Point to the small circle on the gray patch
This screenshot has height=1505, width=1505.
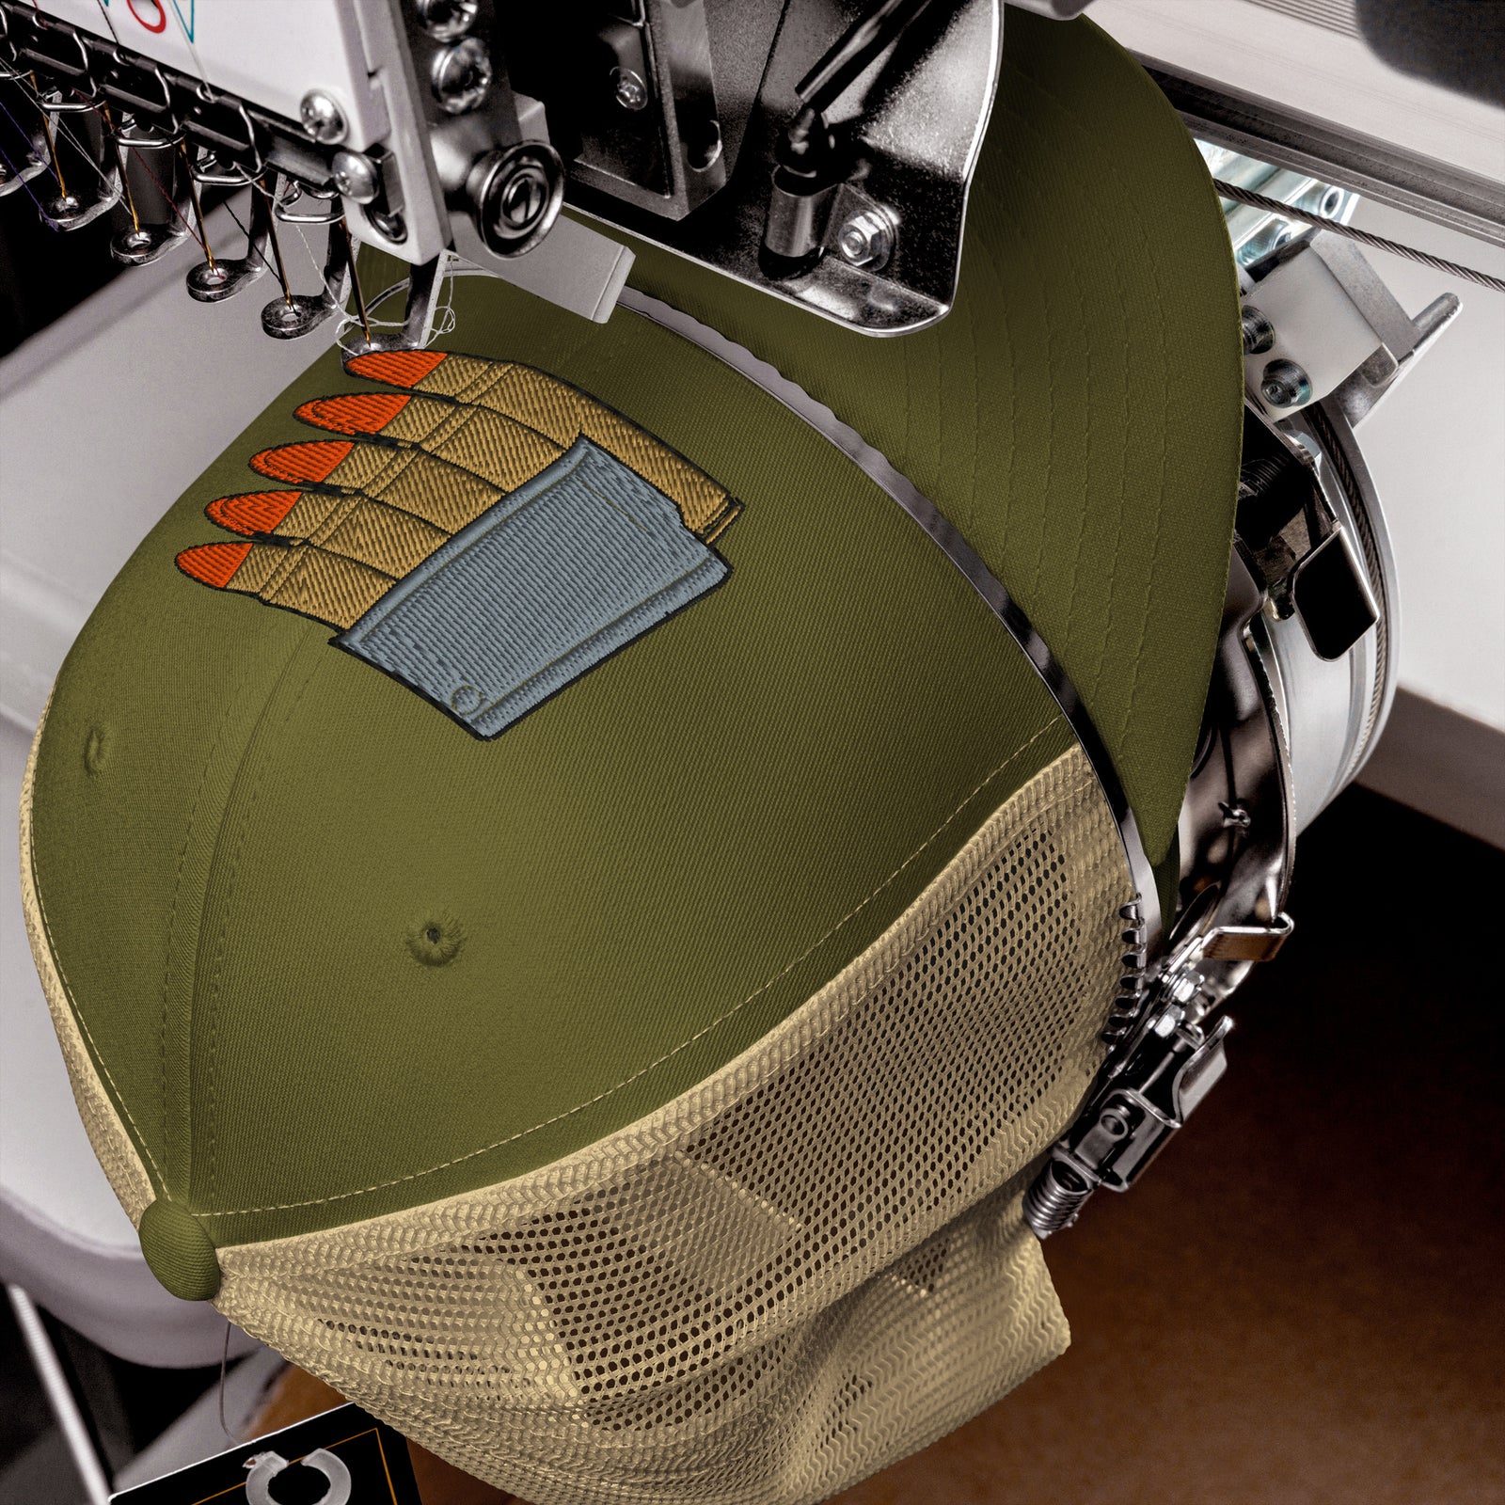point(461,697)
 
